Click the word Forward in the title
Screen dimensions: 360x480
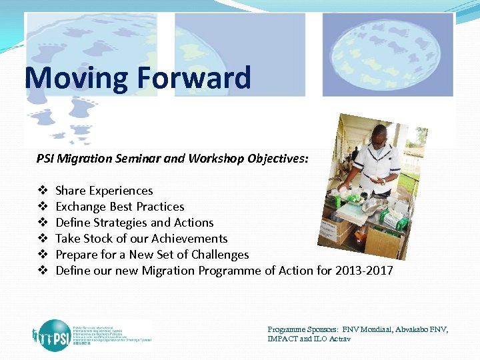coord(195,78)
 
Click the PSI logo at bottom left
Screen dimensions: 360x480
coord(60,333)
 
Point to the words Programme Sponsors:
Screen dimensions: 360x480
coord(303,330)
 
